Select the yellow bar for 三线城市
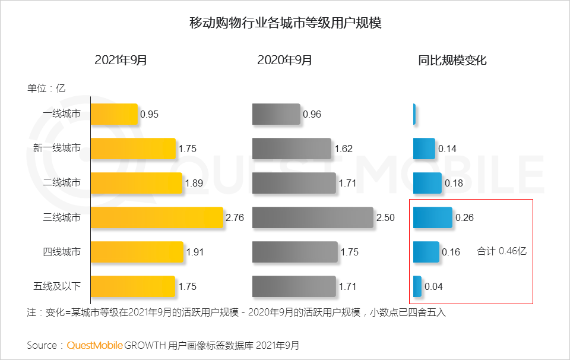point(157,217)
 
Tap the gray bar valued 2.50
point(312,217)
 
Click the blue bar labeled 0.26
point(432,217)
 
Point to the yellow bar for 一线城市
point(114,114)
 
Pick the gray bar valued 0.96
point(276,114)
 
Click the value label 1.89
point(194,184)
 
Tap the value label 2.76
point(235,218)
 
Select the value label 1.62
point(344,149)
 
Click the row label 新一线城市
point(57,148)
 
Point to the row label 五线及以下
point(57,286)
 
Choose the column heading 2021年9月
point(121,60)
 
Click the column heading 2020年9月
point(284,60)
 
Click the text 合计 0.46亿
point(502,251)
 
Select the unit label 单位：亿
point(46,89)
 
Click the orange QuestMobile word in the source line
point(94,345)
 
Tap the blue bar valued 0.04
point(417,286)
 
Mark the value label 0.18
point(454,184)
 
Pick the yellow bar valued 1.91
point(137,252)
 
